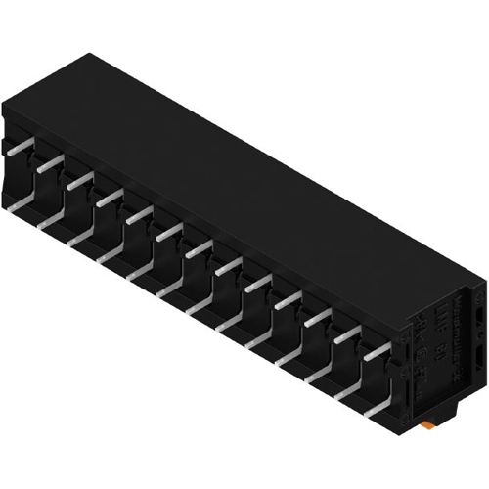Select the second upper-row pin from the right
[347, 335]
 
